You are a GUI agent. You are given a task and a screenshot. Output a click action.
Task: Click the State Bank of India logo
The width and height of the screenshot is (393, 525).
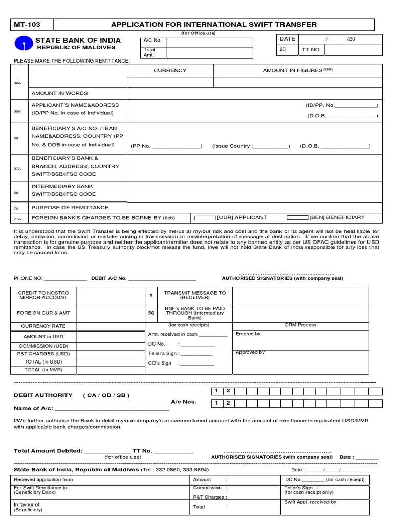pyautogui.click(x=23, y=44)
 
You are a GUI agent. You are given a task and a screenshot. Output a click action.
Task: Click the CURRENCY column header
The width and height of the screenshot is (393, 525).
pyautogui.click(x=170, y=70)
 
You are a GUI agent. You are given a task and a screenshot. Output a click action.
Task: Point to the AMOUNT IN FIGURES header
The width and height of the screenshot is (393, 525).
pyautogui.click(x=297, y=70)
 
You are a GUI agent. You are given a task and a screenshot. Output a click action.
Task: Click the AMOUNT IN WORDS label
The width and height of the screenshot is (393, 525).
pyautogui.click(x=59, y=93)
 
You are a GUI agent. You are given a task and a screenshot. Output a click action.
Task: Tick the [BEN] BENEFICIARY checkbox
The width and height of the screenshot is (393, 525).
pyautogui.click(x=297, y=218)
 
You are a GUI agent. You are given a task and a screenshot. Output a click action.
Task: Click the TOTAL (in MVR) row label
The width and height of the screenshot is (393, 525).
pyautogui.click(x=43, y=369)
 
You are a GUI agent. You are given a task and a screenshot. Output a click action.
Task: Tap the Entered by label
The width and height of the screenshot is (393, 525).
pyautogui.click(x=248, y=334)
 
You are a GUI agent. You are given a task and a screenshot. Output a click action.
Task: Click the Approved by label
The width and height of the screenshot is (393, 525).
pyautogui.click(x=250, y=352)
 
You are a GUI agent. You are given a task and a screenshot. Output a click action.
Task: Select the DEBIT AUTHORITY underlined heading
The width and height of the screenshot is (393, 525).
pyautogui.click(x=42, y=395)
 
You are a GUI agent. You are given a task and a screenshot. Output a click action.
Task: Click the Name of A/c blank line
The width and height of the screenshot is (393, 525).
pyautogui.click(x=112, y=409)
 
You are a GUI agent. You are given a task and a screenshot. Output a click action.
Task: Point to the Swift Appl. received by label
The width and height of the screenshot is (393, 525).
pyautogui.click(x=310, y=502)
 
